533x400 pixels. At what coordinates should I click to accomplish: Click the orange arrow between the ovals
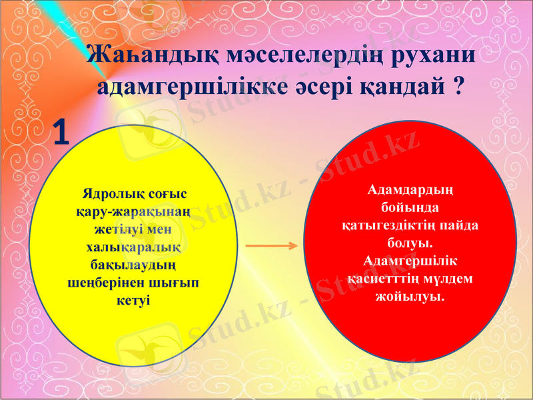click(271, 246)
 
